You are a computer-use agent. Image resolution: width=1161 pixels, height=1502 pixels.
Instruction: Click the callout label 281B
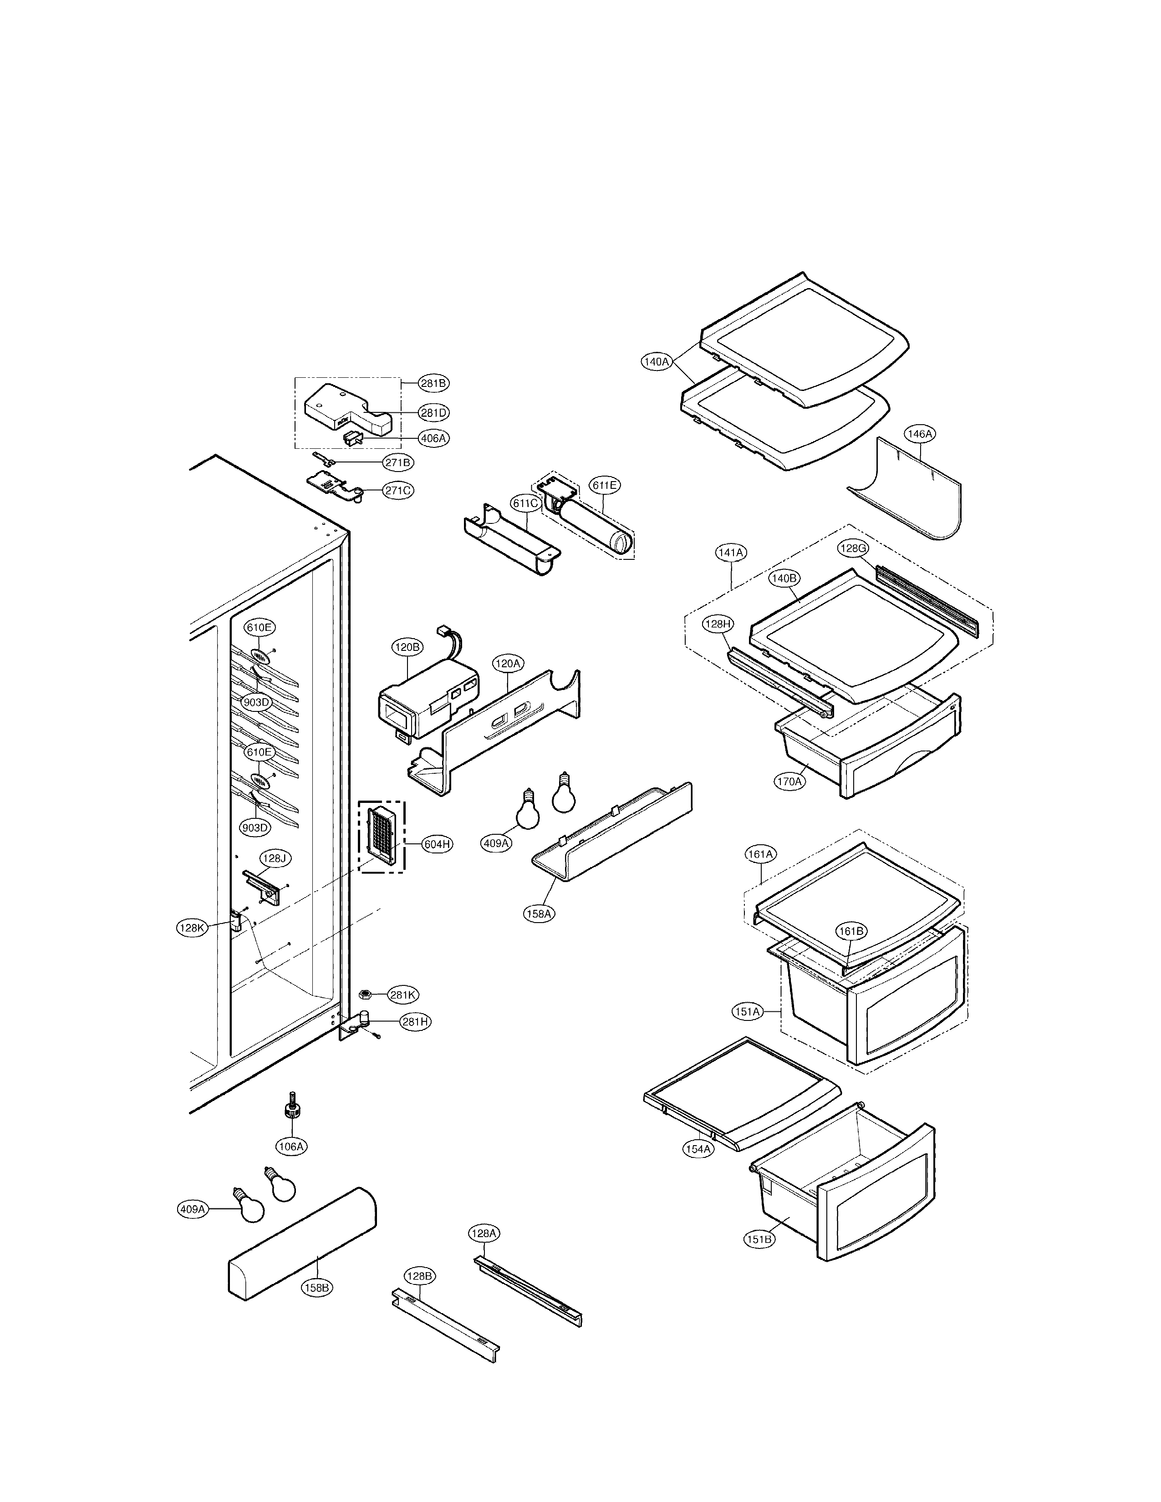point(433,383)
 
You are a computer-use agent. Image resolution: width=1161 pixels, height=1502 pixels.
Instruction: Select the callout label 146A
point(920,434)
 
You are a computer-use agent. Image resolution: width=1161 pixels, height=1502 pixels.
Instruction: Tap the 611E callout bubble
point(605,485)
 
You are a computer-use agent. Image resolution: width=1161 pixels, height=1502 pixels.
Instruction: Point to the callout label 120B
point(407,647)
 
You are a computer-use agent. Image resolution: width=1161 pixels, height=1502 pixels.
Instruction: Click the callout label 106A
point(291,1147)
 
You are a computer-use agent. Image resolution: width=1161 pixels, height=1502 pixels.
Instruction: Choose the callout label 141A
point(730,552)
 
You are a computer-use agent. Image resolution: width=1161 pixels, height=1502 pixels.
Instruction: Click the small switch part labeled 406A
point(352,437)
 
